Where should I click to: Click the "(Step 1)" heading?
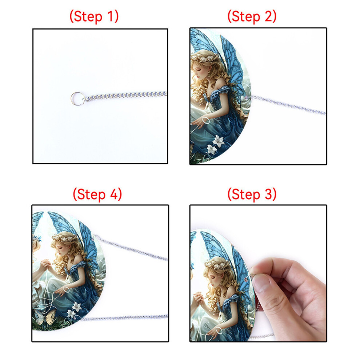click(94, 16)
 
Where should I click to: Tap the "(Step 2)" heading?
click(252, 16)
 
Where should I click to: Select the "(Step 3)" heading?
click(252, 194)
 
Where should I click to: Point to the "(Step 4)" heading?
click(97, 194)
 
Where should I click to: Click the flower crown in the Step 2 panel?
click(205, 58)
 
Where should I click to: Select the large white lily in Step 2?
click(218, 141)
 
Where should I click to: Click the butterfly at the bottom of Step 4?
click(45, 317)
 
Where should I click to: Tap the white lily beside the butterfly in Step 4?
click(76, 307)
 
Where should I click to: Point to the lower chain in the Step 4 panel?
click(124, 318)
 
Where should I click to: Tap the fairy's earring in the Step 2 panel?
click(209, 75)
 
